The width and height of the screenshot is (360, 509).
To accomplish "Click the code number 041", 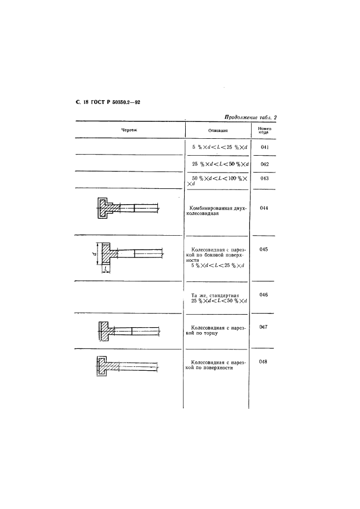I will click(x=265, y=147).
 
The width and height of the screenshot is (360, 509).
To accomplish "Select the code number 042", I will click(x=265, y=164).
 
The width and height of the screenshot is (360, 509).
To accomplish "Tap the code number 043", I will click(x=265, y=179).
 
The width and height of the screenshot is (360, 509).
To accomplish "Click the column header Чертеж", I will click(x=129, y=130).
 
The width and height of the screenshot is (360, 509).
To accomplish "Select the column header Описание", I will click(x=218, y=131).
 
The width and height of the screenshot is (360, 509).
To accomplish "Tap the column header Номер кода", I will click(x=265, y=130).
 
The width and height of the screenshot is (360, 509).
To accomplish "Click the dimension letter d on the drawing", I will click(x=94, y=253).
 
